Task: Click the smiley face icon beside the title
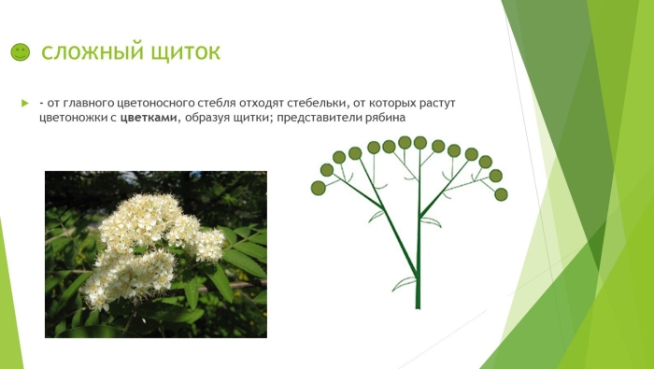[21, 52]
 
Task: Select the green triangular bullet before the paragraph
[25, 102]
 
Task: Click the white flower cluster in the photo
[149, 243]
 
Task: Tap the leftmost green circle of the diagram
[318, 188]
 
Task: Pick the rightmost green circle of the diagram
[501, 194]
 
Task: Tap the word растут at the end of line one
[435, 102]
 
